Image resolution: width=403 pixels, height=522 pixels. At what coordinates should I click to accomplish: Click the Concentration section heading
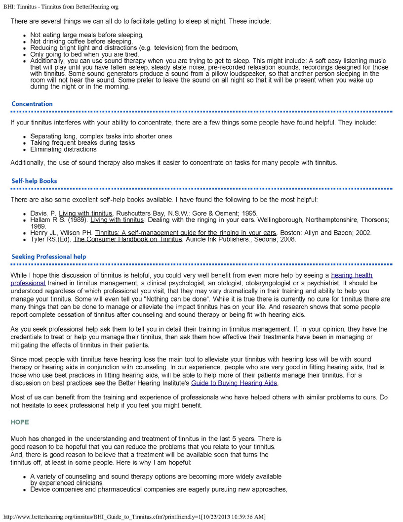point(32,104)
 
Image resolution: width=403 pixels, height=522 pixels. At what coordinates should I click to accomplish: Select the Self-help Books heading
point(34,181)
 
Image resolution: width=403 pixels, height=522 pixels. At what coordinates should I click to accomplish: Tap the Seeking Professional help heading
point(48,257)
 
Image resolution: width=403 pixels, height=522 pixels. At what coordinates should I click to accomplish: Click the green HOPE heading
point(20,422)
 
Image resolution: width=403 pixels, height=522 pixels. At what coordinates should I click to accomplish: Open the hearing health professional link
point(352,275)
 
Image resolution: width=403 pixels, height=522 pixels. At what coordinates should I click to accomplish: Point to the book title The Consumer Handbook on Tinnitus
point(128,240)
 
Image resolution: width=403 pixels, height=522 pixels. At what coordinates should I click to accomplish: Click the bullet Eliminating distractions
point(63,149)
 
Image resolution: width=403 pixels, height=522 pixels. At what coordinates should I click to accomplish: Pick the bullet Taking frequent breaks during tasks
point(82,143)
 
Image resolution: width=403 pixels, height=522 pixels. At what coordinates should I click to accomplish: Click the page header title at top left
point(61,6)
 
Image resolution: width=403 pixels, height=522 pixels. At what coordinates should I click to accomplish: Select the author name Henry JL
point(43,233)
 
